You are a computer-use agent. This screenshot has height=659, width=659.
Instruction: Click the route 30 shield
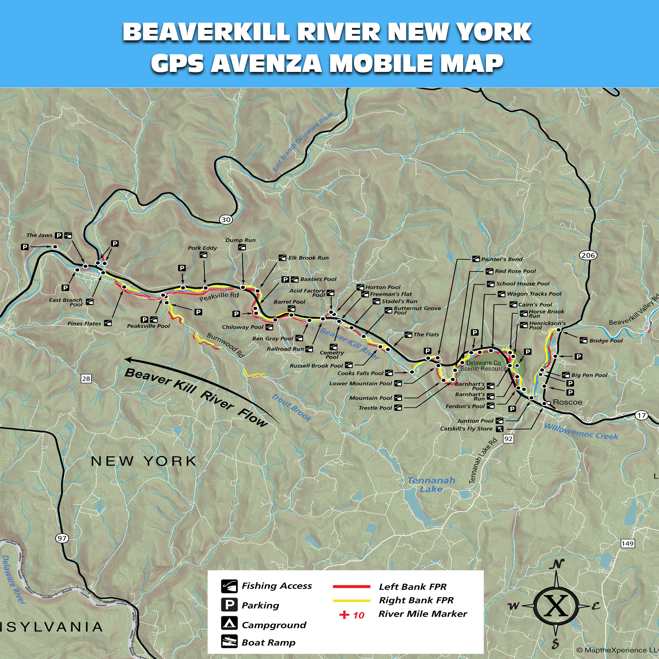[x=226, y=220]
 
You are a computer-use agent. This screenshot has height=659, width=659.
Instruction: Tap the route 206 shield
[x=588, y=255]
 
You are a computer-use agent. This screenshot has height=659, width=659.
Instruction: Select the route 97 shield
[x=62, y=538]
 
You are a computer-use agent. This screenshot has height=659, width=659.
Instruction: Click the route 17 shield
[x=642, y=415]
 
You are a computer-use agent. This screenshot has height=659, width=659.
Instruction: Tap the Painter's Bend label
[x=501, y=259]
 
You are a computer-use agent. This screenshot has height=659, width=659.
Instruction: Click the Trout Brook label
[x=291, y=407]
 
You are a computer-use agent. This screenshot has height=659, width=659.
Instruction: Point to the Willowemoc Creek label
[x=581, y=432]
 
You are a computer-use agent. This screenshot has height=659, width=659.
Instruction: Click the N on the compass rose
[x=557, y=565]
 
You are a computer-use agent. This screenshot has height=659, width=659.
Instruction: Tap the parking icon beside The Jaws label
[x=59, y=235]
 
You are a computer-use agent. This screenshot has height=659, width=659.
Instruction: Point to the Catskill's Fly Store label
[x=466, y=429]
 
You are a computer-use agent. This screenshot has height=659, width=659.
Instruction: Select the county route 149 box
[x=628, y=543]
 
